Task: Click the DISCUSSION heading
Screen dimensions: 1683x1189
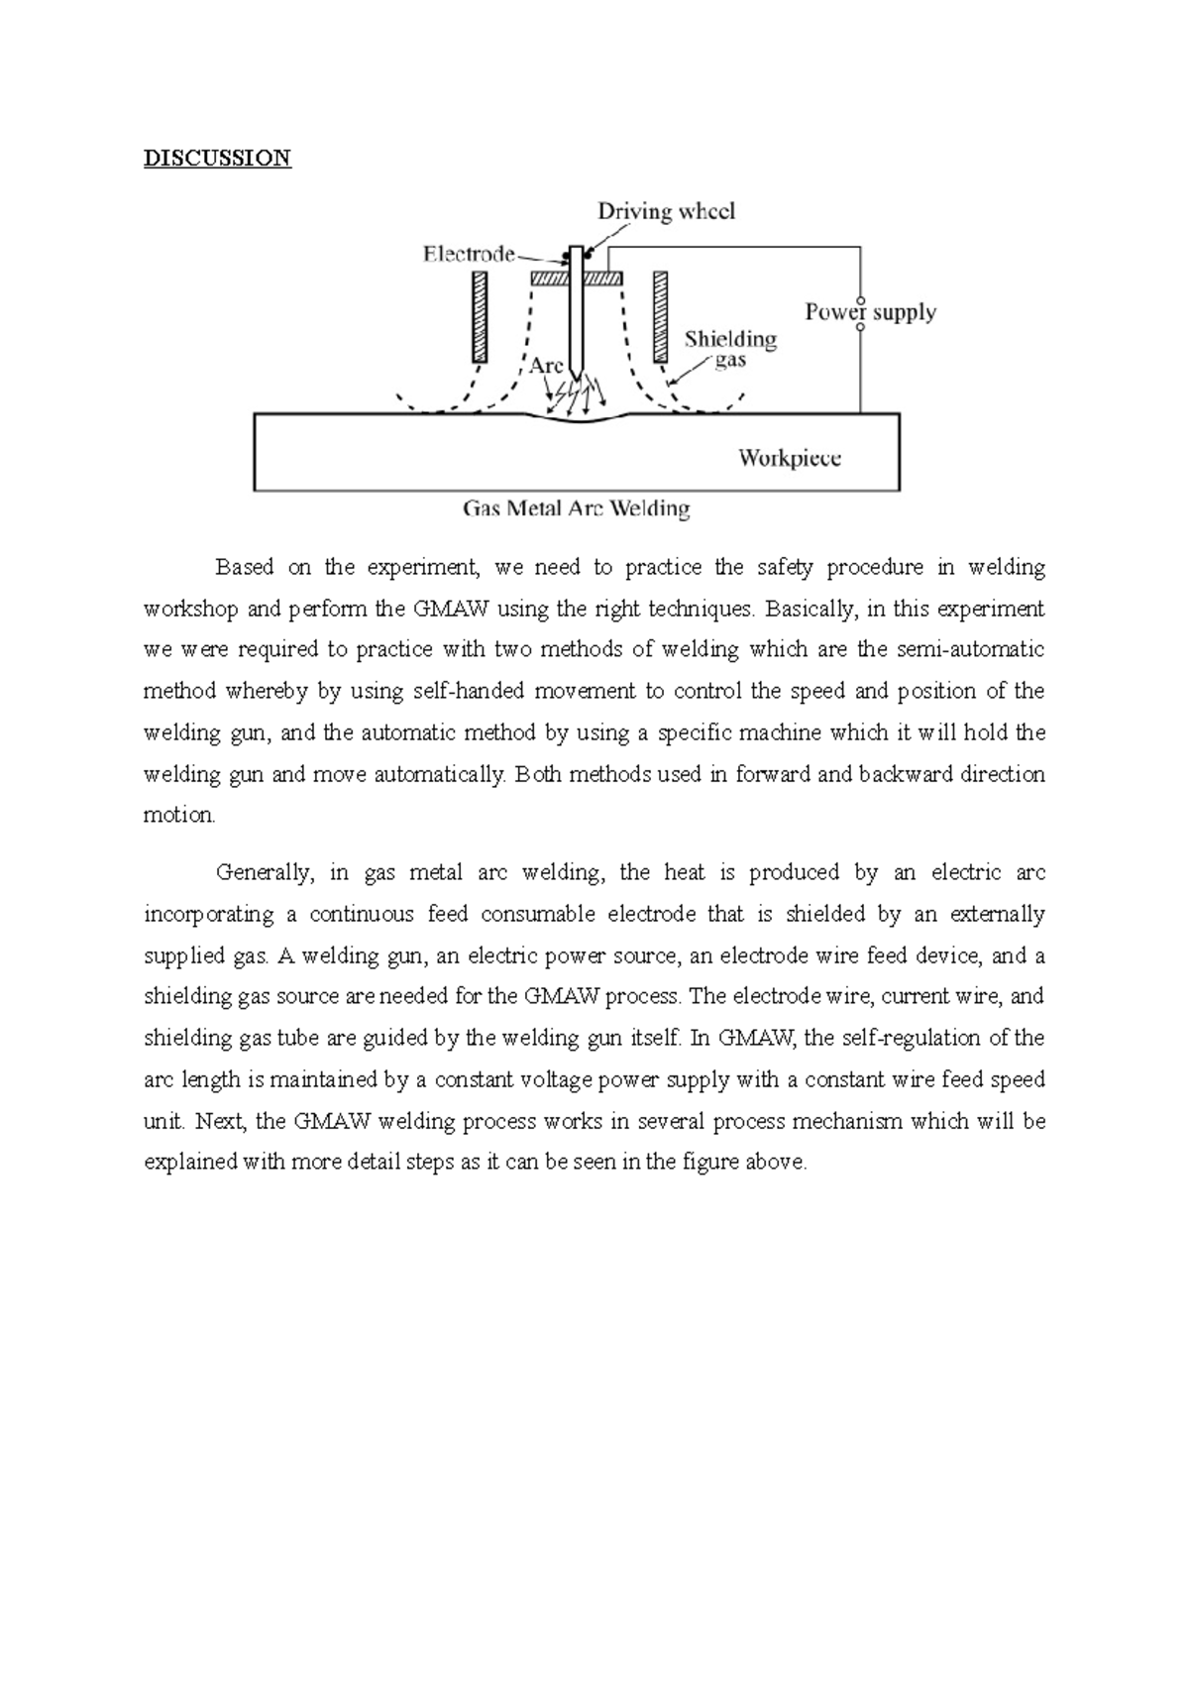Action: tap(217, 158)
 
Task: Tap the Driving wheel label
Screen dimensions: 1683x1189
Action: tap(666, 211)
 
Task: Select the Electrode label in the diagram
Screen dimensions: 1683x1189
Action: tap(468, 254)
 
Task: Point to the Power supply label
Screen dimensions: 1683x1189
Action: tap(870, 312)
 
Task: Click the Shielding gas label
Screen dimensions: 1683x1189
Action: tap(730, 349)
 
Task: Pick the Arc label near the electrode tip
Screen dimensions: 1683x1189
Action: tap(546, 365)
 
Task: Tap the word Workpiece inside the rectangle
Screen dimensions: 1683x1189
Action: tap(790, 458)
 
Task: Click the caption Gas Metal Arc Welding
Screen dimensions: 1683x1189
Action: tap(576, 509)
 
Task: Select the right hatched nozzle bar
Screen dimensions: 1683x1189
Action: tap(659, 317)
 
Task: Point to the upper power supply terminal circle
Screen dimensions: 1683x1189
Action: tap(860, 300)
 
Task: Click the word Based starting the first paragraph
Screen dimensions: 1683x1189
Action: tap(244, 568)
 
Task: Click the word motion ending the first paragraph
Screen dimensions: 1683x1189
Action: tap(178, 816)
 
